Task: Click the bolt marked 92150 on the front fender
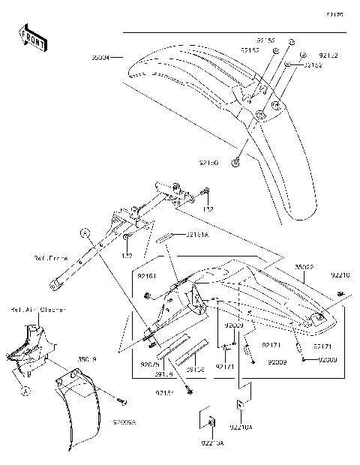pyautogui.click(x=236, y=163)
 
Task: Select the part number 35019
pyautogui.click(x=88, y=361)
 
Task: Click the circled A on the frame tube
pyautogui.click(x=86, y=232)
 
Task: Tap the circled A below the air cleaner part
pyautogui.click(x=25, y=389)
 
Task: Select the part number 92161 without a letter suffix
pyautogui.click(x=146, y=277)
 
